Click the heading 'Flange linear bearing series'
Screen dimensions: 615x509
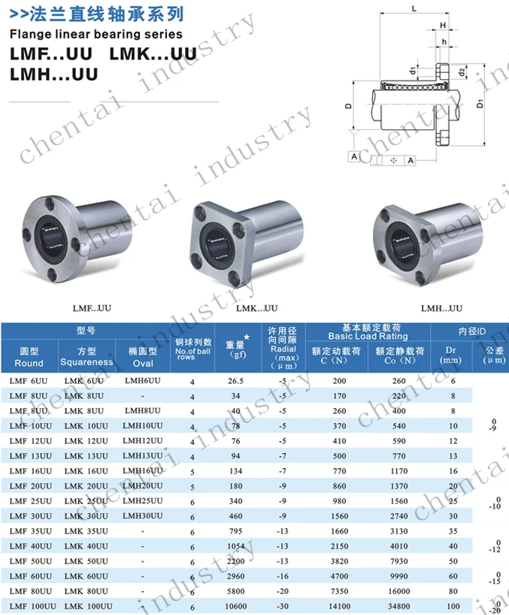95,34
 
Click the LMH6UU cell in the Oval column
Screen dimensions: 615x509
142,380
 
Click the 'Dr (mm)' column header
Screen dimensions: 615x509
452,355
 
